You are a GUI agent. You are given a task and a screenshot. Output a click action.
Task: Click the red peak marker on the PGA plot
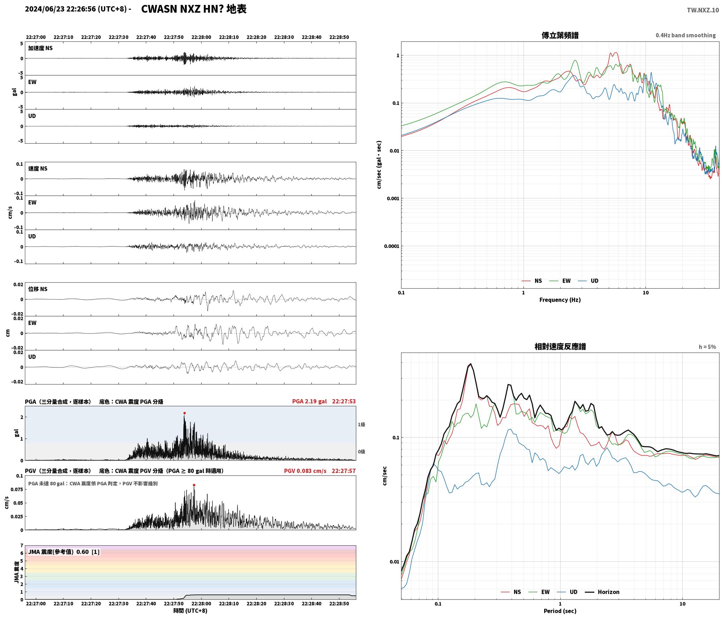(184, 413)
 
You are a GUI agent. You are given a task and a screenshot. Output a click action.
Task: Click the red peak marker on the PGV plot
(194, 485)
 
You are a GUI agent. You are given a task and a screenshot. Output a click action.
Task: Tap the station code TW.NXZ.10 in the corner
(703, 10)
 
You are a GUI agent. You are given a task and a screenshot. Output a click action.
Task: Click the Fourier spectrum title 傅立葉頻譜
(560, 35)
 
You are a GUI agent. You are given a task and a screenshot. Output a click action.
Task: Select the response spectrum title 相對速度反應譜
(560, 346)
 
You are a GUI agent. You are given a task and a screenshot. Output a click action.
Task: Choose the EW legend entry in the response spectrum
(539, 592)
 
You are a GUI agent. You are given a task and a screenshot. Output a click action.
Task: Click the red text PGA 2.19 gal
(309, 401)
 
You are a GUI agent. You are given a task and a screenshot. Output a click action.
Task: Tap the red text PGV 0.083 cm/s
(305, 471)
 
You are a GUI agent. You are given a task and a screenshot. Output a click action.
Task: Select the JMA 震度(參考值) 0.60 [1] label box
(64, 552)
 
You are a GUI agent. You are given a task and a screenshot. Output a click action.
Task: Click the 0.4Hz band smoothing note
(685, 35)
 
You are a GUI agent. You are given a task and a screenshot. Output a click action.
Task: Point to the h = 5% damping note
(707, 347)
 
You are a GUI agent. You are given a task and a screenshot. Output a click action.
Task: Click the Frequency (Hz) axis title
(560, 300)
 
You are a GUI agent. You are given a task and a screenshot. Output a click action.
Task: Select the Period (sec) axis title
(560, 611)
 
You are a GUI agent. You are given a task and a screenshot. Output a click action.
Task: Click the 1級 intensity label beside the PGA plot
(361, 424)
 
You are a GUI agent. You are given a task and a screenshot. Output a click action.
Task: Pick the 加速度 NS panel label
(40, 48)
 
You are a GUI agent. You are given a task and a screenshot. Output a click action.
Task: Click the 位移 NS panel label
(38, 289)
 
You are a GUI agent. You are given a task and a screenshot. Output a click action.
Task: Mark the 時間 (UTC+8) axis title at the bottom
(190, 611)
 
